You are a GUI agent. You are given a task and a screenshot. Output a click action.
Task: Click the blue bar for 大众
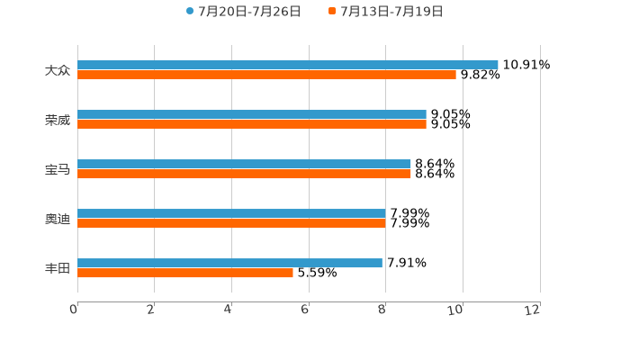point(288,65)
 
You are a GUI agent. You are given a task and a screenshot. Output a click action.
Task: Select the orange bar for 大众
point(267,75)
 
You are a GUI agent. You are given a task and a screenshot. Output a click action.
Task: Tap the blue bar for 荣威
point(252,114)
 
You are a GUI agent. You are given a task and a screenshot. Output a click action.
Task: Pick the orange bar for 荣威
point(252,124)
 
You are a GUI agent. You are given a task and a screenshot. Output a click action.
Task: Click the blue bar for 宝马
point(244,164)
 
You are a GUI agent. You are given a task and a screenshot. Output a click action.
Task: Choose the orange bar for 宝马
point(244,174)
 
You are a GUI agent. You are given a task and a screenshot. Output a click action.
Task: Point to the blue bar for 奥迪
point(231,213)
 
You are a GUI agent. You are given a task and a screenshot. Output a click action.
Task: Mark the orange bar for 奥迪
point(231,223)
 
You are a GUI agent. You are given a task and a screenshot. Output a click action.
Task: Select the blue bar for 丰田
point(229,263)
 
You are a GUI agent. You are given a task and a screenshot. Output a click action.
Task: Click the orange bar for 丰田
point(185,273)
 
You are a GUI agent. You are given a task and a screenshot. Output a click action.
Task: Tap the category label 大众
point(58,70)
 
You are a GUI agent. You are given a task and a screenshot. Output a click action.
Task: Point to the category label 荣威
point(58,120)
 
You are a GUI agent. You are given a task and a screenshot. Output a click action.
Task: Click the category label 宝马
point(58,169)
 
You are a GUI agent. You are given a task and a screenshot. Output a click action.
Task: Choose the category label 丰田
point(58,268)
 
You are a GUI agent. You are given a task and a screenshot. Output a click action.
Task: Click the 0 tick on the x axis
point(74,310)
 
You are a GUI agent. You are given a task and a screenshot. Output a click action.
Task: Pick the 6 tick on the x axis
point(305,310)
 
